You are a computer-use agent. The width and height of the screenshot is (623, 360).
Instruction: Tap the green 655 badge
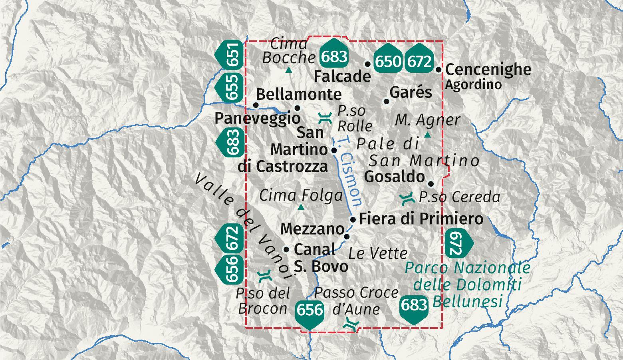229,87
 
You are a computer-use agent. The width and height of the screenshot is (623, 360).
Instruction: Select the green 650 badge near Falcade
388,62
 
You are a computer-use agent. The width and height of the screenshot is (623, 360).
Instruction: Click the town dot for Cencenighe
439,70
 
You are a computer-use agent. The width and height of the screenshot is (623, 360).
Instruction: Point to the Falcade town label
342,76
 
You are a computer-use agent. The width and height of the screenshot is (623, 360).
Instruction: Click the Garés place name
411,92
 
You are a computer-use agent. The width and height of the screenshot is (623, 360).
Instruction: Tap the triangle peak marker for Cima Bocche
289,71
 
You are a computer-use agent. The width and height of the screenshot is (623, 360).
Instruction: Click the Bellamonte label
298,94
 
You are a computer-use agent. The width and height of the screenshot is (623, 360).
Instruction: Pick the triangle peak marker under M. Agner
427,135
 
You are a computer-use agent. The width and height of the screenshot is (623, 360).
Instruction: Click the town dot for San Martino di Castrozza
334,150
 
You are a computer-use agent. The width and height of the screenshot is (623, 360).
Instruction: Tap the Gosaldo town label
395,177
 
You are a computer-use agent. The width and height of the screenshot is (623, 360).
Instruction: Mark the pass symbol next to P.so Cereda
407,198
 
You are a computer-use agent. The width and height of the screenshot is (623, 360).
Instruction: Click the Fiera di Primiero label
421,219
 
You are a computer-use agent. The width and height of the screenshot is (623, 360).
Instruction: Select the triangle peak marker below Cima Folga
301,207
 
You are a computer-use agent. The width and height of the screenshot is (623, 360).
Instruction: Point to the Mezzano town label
312,229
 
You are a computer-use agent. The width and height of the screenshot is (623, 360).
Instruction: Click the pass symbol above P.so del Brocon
264,276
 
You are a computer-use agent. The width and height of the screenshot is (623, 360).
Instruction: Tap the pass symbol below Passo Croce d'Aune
352,324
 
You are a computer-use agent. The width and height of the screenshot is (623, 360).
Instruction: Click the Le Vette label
378,253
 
